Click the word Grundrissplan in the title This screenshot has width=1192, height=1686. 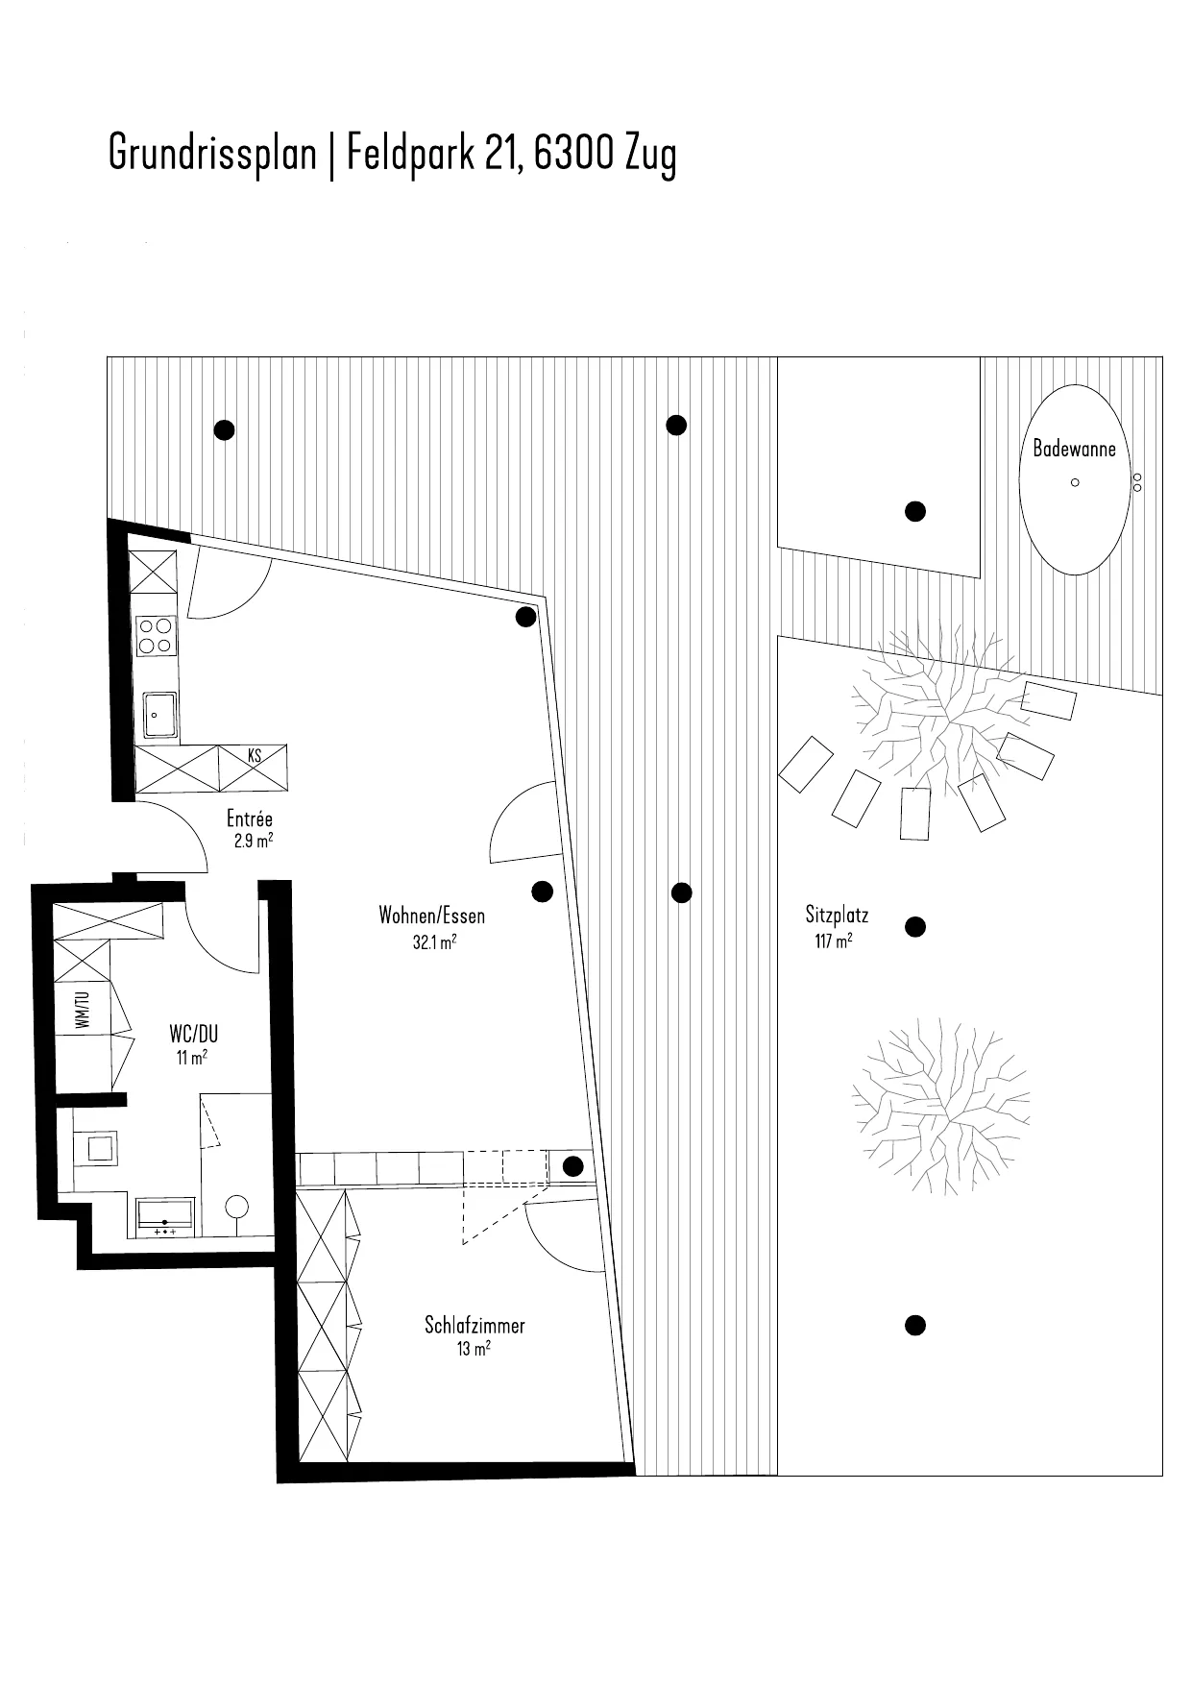pos(212,153)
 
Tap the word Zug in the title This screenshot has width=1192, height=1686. pos(650,155)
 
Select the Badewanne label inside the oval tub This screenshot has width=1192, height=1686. pos(1074,449)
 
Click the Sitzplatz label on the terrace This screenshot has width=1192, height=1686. pos(837,916)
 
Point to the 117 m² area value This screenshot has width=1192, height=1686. pos(833,941)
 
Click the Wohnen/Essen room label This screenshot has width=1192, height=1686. pos(431,916)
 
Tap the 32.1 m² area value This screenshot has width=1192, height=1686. pos(433,942)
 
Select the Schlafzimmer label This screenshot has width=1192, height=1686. pos(474,1326)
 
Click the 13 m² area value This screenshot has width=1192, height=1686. pos(474,1350)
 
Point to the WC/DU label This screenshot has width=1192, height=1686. pos(193,1034)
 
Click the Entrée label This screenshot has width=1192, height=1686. pos(250,819)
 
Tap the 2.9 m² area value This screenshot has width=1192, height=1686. pos(253,843)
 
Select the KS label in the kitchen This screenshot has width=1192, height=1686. pos(255,756)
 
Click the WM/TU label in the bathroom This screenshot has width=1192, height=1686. pos(83,1010)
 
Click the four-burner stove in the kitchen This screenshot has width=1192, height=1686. pos(157,636)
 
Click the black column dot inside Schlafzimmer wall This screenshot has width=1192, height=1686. pos(572,1167)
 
